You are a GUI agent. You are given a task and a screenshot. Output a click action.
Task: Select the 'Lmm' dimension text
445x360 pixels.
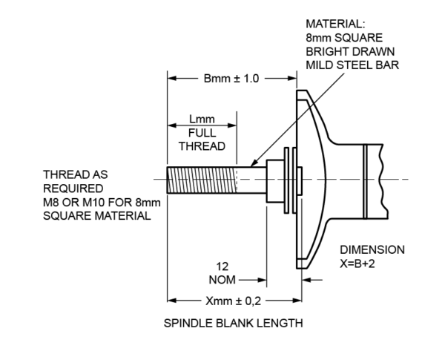pos(202,120)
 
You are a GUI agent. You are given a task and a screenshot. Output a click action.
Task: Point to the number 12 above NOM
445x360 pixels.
pos(221,266)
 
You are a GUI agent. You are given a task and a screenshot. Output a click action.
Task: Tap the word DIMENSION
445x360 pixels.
pos(372,249)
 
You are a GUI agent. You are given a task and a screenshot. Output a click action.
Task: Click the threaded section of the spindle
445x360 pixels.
pos(201,180)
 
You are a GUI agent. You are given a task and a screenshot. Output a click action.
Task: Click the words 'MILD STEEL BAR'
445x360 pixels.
pos(353,65)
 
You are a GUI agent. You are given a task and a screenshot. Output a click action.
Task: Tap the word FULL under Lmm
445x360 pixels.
pos(202,133)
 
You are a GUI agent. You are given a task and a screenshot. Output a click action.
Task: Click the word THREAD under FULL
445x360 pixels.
pos(202,146)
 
